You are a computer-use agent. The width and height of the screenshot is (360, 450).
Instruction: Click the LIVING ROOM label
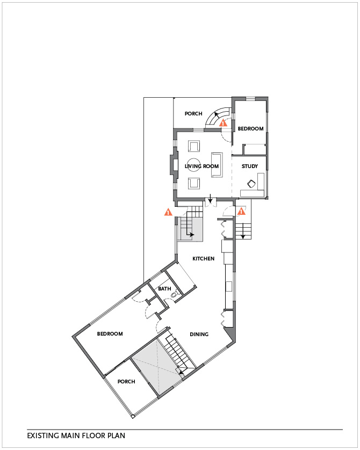coord(201,166)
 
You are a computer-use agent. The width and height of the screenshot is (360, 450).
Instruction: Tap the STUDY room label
coord(250,166)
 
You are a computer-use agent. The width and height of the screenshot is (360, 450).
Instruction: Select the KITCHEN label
coord(203,259)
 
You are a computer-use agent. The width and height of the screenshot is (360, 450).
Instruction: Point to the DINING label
coord(199,335)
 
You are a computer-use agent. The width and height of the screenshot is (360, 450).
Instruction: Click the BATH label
coord(164,289)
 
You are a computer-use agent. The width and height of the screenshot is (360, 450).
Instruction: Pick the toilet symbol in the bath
coord(175,294)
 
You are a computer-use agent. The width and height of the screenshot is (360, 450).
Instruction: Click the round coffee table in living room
coord(194,165)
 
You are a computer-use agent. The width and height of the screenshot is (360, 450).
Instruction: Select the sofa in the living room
coord(217,165)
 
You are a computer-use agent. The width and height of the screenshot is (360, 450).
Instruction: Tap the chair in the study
coord(251,184)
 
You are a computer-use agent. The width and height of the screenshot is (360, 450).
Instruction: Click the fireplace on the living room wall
coord(174,165)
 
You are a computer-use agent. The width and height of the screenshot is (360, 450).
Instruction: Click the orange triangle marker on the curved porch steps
coord(223,123)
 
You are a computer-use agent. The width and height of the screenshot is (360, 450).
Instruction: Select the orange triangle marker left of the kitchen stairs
coord(168,212)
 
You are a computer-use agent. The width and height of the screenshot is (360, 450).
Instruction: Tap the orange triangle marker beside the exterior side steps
coord(241,211)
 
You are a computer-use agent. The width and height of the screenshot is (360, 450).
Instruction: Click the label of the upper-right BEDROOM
coord(250,128)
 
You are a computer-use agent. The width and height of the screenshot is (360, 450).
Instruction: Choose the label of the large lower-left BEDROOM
coord(110,334)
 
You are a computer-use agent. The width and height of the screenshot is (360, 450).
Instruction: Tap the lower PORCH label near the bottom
coord(126,381)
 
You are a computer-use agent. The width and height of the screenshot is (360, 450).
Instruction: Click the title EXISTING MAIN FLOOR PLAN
coord(76,436)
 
